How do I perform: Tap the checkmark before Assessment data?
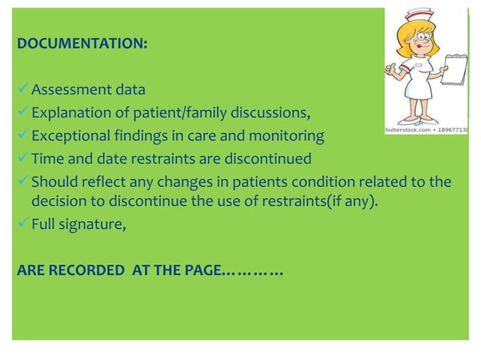tap(22, 90)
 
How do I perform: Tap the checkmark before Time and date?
tap(22, 159)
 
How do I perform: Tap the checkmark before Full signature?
tap(22, 222)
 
